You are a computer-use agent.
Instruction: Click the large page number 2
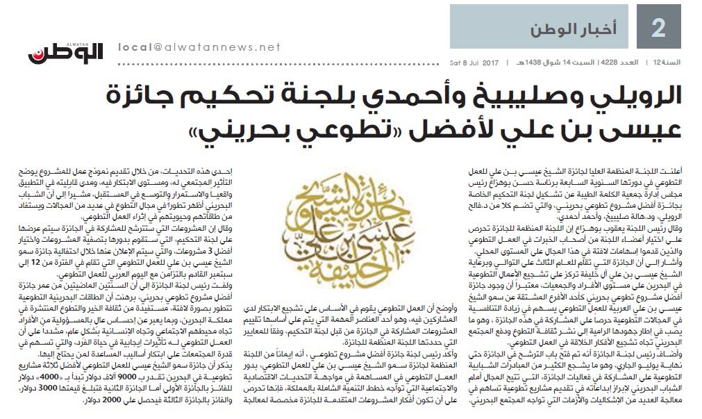click(x=658, y=28)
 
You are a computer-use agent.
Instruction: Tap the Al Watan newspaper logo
click(x=65, y=50)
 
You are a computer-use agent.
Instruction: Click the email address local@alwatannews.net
click(x=200, y=47)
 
